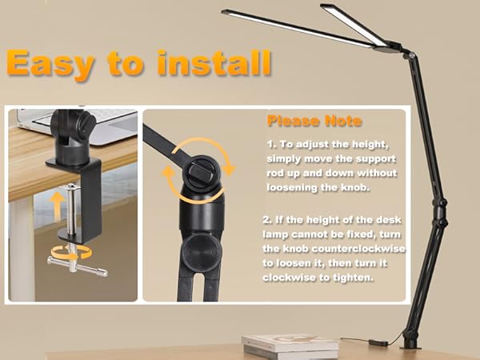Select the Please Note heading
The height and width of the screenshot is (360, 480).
point(314,122)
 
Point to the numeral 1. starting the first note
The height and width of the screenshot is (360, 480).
point(270,143)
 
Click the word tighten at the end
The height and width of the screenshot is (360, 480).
point(353,279)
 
